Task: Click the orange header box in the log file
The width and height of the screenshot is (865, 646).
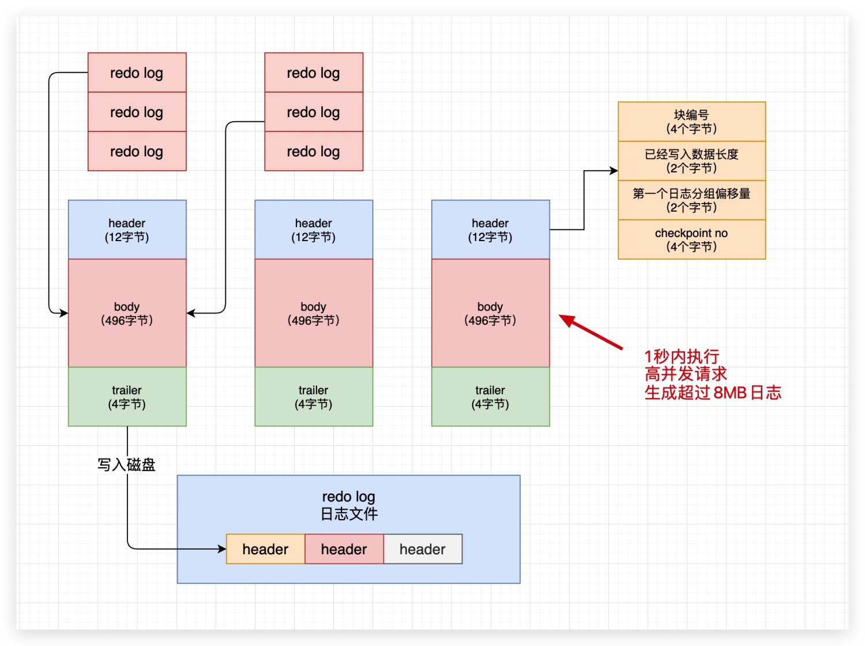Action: tap(265, 549)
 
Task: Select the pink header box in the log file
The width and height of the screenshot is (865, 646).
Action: tap(344, 549)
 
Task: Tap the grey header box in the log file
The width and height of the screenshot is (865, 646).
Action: tap(423, 549)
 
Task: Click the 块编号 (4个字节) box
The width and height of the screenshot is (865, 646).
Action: tap(691, 122)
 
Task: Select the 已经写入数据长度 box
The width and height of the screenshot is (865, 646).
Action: tap(691, 161)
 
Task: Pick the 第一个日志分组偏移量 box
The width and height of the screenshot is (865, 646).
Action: tap(691, 200)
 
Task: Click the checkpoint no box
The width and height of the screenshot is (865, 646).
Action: tap(691, 239)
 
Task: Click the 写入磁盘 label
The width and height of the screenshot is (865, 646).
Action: tap(126, 465)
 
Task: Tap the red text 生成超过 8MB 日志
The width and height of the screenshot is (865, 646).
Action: tap(713, 393)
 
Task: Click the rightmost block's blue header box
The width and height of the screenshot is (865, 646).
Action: tap(490, 230)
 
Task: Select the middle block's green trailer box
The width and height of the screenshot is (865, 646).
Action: tap(314, 397)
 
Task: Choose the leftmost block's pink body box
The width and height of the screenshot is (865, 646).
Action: tap(127, 313)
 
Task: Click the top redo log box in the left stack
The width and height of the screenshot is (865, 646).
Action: tap(137, 73)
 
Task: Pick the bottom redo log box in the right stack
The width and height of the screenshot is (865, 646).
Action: tap(314, 151)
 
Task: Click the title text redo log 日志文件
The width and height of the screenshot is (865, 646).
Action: tap(348, 505)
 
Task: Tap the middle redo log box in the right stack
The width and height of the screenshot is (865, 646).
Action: tap(314, 112)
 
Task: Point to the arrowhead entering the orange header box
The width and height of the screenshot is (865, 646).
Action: tap(222, 549)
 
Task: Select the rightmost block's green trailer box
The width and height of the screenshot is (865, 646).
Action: tap(490, 397)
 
